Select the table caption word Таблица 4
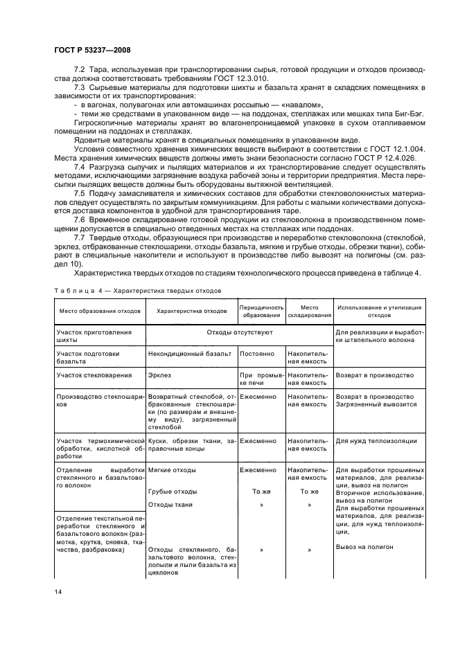pyautogui.click(x=78, y=291)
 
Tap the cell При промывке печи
pyautogui.click(x=261, y=378)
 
